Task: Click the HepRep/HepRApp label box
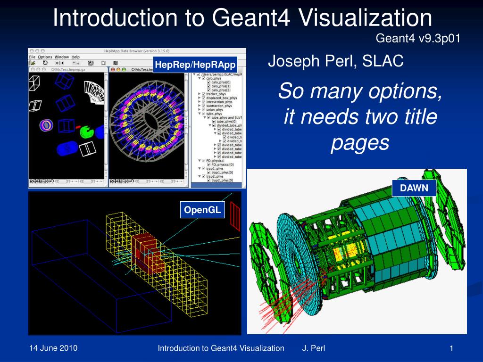click(195, 65)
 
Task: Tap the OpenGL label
click(202, 210)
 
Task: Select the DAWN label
click(414, 188)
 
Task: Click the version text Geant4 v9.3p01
click(417, 38)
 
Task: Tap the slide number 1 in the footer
click(451, 349)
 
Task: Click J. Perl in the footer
click(313, 349)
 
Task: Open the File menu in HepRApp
click(33, 57)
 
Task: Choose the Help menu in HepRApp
click(75, 57)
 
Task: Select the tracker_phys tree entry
click(216, 94)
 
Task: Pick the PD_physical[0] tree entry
click(222, 165)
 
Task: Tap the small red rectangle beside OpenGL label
click(234, 219)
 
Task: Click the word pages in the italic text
click(359, 143)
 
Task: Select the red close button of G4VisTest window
click(32, 69)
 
